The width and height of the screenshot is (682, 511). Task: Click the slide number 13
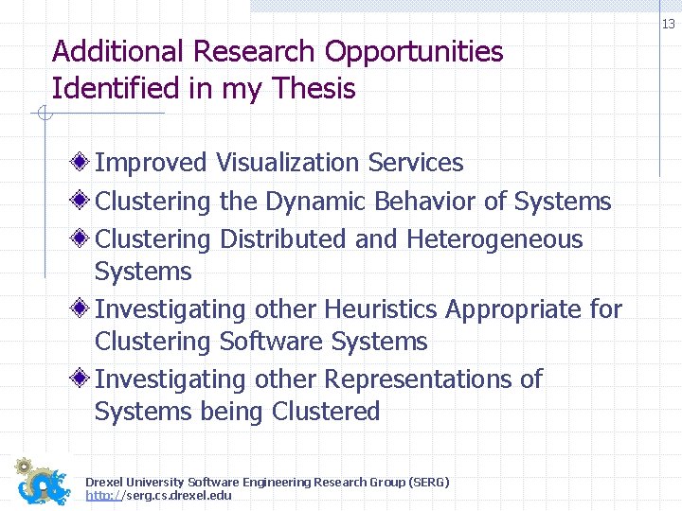click(669, 24)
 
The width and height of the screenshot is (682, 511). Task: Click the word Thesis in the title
click(314, 89)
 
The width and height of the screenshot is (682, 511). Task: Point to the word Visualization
click(288, 163)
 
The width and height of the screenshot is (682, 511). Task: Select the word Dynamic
click(315, 202)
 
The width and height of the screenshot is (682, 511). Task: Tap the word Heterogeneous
click(494, 240)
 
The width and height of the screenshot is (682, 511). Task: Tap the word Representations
click(420, 379)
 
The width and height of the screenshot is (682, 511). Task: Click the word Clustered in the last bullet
click(326, 412)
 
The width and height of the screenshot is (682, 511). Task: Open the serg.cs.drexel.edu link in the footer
click(158, 495)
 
